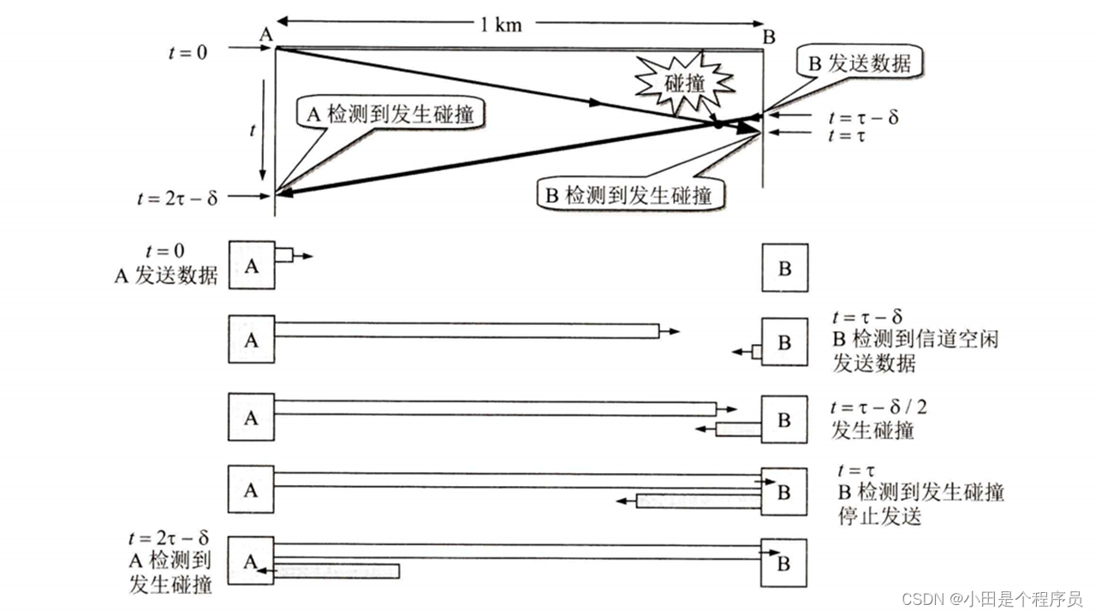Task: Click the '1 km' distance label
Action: click(x=500, y=24)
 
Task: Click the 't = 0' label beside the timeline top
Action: click(x=188, y=51)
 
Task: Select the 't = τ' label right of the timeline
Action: click(x=848, y=135)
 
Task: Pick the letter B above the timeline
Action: click(x=769, y=37)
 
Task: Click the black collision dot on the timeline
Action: click(x=717, y=124)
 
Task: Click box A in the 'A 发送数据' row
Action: click(x=252, y=266)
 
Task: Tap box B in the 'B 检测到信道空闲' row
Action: click(x=784, y=342)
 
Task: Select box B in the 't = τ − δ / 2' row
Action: click(x=784, y=419)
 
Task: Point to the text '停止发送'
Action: click(x=880, y=518)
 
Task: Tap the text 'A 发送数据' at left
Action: click(x=166, y=275)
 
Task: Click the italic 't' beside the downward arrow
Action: click(x=252, y=130)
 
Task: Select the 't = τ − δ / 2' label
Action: click(x=879, y=407)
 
